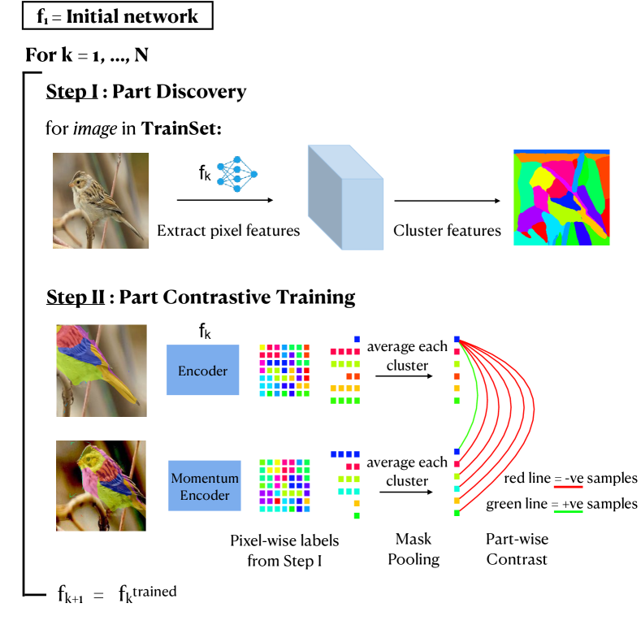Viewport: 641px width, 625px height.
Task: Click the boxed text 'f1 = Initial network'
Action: tap(118, 15)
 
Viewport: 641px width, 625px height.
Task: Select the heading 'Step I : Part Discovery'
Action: tap(146, 91)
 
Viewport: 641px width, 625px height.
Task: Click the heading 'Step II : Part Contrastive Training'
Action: tap(201, 297)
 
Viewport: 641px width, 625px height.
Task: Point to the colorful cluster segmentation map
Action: tap(561, 197)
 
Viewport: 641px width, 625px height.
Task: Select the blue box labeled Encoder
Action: tap(202, 370)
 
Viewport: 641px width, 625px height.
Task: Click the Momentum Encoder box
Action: tap(204, 485)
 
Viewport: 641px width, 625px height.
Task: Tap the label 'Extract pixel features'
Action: tap(228, 231)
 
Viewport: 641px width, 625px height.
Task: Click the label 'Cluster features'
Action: tap(447, 231)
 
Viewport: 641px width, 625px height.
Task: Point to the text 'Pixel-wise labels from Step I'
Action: tap(284, 549)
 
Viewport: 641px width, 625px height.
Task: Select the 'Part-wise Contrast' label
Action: tap(517, 549)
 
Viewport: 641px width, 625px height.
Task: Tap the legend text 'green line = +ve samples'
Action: tap(561, 504)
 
